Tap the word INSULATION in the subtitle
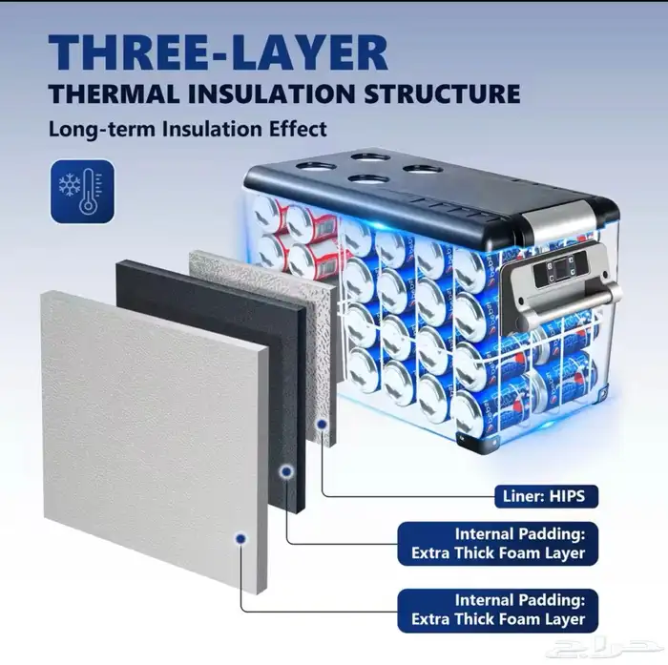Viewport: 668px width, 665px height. (x=269, y=94)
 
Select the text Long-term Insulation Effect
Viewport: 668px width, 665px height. (x=187, y=129)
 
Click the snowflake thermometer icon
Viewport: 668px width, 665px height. (x=82, y=191)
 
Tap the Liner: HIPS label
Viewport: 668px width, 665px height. (x=546, y=496)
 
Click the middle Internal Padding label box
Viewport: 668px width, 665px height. (x=497, y=544)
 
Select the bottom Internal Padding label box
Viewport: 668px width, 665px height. (x=497, y=610)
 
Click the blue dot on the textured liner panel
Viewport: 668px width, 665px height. (x=323, y=425)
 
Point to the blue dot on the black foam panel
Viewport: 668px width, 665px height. (x=286, y=471)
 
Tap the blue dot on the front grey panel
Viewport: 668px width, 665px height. (x=240, y=539)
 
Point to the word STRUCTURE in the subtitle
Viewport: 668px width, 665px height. (x=441, y=94)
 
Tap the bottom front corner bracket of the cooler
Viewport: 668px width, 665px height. (x=472, y=442)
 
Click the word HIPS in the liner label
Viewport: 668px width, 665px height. (x=568, y=496)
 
